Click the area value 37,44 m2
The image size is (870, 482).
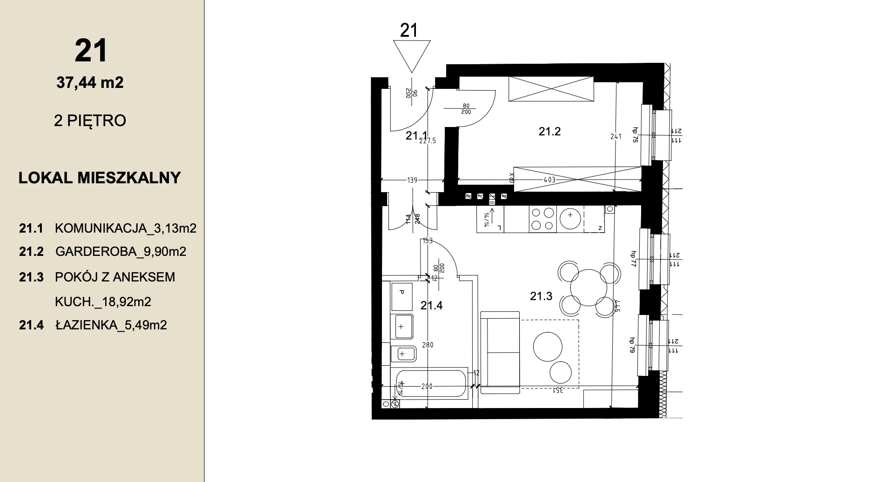pos(90,83)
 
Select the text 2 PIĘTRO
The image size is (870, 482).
pos(90,121)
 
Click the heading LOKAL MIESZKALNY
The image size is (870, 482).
pos(100,178)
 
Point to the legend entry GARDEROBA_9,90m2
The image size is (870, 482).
pos(120,252)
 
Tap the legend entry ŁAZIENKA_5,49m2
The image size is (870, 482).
pos(111,325)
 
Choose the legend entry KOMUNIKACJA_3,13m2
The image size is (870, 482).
pos(126,228)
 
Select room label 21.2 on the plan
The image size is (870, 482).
pos(549,132)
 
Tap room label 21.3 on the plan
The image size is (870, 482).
pos(541,296)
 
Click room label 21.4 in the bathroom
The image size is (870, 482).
pos(431,306)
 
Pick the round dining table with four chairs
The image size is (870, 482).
pos(589,288)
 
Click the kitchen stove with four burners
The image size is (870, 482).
pos(542,219)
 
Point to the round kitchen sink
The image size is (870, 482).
pos(570,216)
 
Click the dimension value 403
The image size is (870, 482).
pos(551,180)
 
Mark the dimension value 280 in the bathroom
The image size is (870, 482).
pos(427,345)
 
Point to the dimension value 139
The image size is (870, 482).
pos(412,180)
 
